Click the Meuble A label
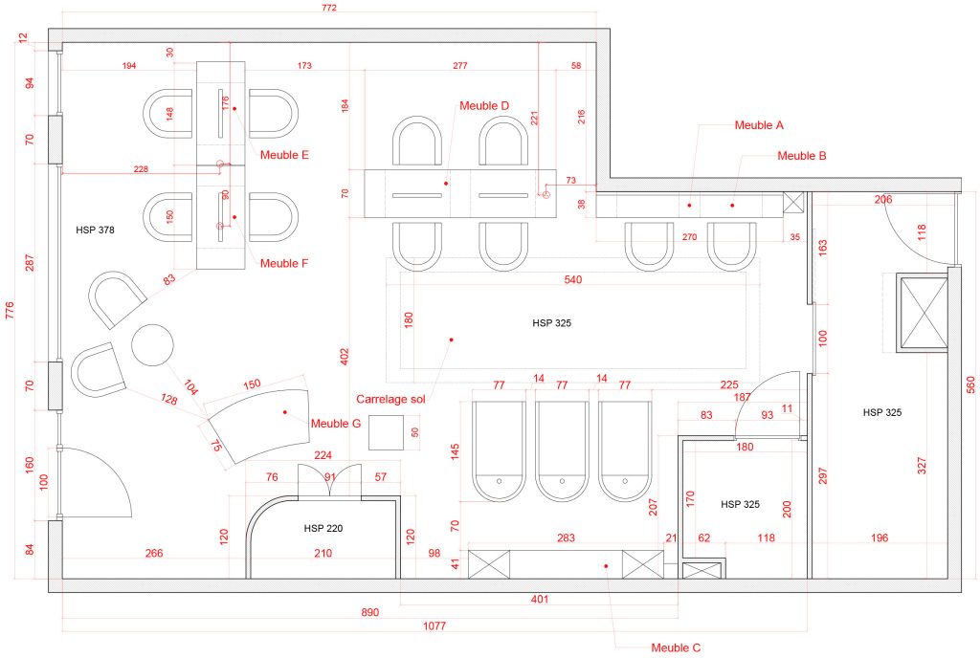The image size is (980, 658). (x=759, y=125)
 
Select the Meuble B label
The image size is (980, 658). (x=802, y=155)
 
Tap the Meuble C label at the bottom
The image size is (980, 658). (x=676, y=647)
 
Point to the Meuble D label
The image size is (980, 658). (x=484, y=105)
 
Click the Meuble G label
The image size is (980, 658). (x=336, y=424)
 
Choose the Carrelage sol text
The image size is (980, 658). (x=390, y=399)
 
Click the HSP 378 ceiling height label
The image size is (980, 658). (x=96, y=230)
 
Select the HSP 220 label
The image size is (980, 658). (x=323, y=528)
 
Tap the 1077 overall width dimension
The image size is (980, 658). (x=434, y=625)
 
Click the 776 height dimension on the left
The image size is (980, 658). (x=11, y=312)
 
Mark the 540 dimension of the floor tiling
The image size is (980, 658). (x=573, y=279)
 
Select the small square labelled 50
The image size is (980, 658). (x=389, y=432)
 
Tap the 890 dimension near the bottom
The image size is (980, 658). (x=370, y=611)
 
